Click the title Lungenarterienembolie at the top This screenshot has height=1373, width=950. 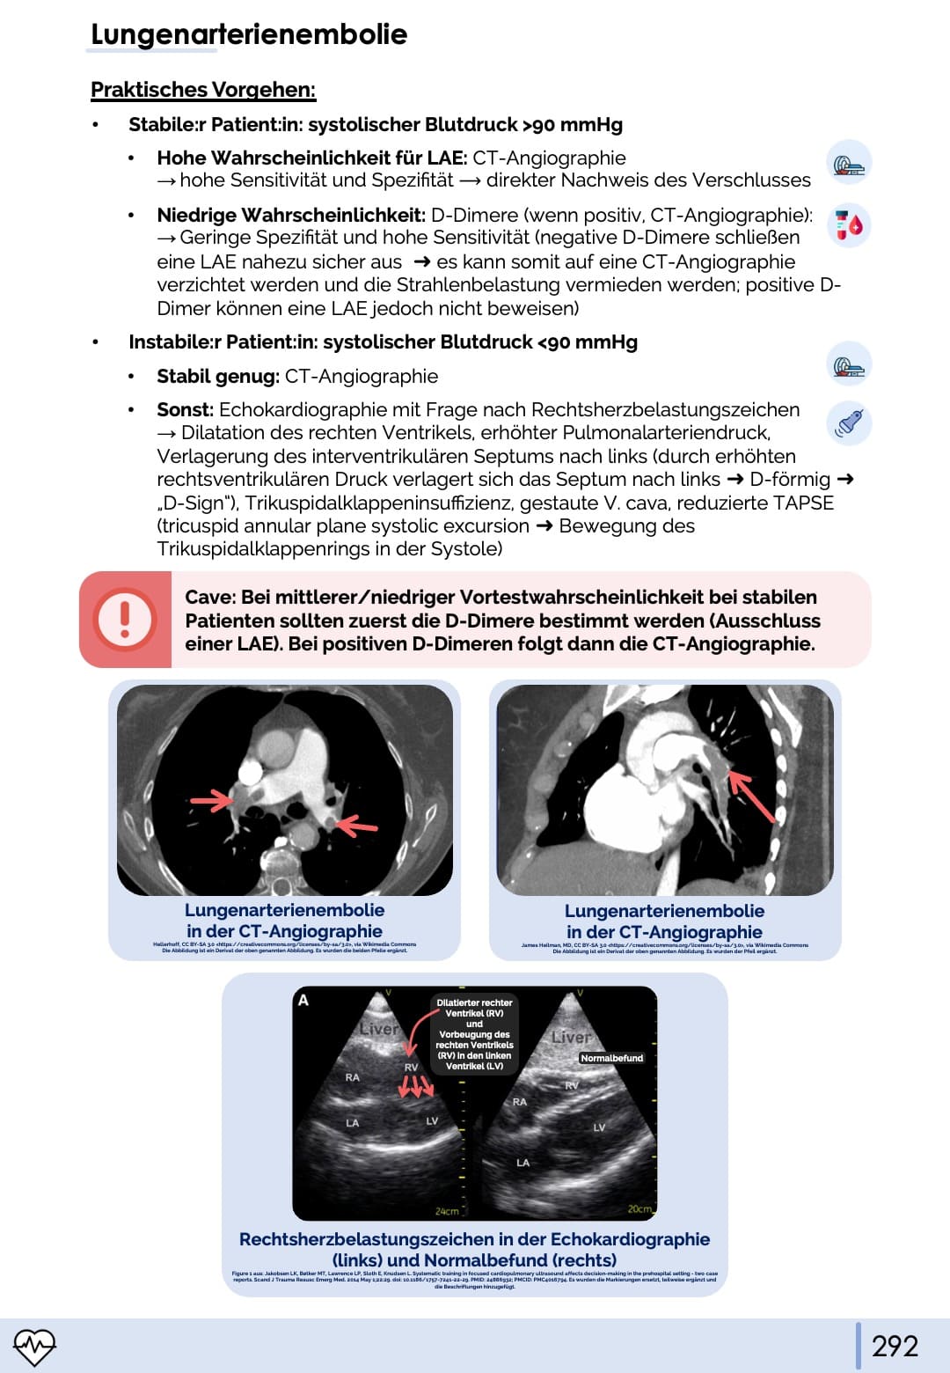point(249,34)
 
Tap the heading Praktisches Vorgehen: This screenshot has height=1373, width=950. point(203,90)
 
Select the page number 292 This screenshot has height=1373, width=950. point(895,1346)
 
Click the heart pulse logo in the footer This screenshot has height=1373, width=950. point(34,1346)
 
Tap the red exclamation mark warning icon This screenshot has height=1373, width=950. point(125,619)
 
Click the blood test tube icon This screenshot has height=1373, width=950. point(849,225)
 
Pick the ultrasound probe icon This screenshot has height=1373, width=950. point(849,423)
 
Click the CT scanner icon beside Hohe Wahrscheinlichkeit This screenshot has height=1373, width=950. point(849,164)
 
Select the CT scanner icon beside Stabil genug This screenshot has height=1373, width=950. point(849,365)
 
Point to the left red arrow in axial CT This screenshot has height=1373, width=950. point(212,800)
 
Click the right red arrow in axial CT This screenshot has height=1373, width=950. point(356,825)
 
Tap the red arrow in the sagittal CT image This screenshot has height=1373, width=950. point(752,797)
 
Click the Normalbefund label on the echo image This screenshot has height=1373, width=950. point(611,1058)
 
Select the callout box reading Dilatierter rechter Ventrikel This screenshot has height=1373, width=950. point(474,1034)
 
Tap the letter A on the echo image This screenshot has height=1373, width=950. point(303,1000)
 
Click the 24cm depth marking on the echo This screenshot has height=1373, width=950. point(447,1211)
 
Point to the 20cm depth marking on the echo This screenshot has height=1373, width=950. point(639,1209)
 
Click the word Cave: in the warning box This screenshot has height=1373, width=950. point(210,598)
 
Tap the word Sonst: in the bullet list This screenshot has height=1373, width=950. point(185,410)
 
